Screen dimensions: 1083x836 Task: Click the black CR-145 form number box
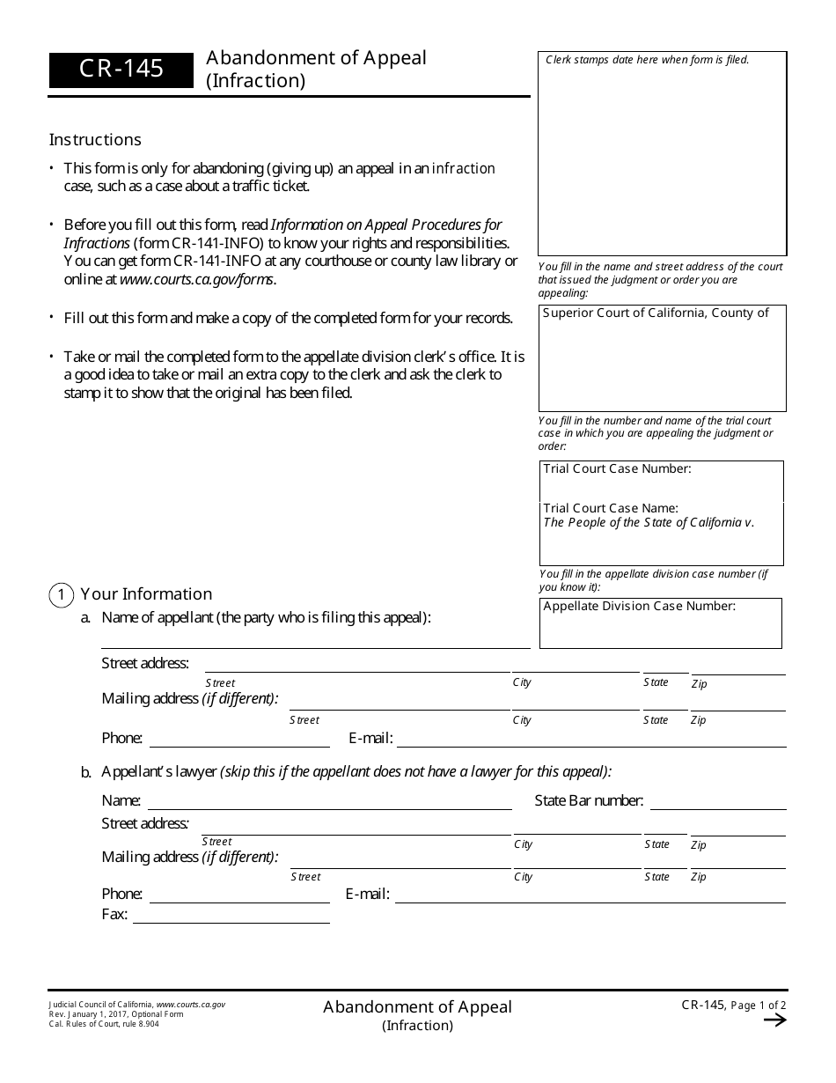pos(121,70)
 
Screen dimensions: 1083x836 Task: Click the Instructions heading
pos(95,140)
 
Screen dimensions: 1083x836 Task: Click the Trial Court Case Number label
pos(617,469)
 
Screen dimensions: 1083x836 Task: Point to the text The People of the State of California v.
pos(649,522)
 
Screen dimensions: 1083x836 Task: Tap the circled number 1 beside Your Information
pos(61,595)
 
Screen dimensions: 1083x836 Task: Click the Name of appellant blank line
pos(315,640)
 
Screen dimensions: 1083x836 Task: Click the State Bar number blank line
pos(717,802)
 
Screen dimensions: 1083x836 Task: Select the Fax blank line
pos(231,916)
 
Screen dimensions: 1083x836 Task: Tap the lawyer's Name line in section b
pos(329,802)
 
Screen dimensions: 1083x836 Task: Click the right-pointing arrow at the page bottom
pos(774,1020)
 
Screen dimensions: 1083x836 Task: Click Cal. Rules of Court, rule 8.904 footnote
pos(105,1023)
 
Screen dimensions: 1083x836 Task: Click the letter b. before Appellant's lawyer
pos(86,773)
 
